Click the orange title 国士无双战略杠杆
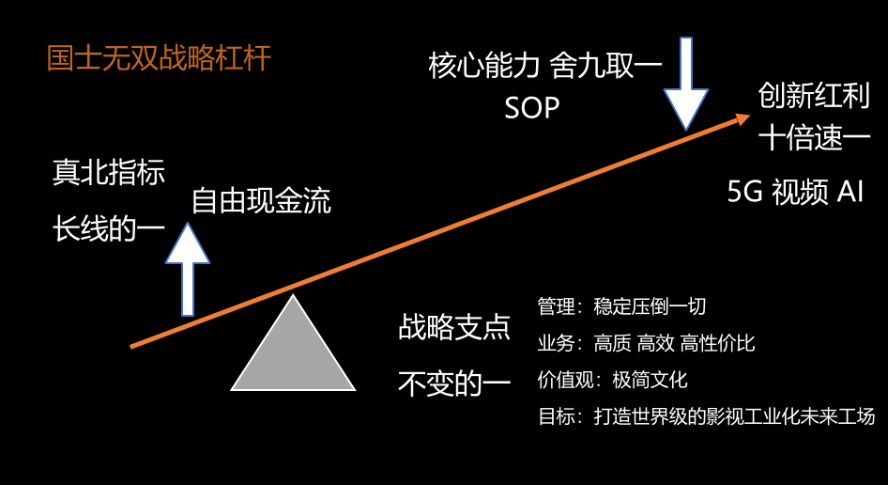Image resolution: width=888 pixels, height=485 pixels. pos(159,58)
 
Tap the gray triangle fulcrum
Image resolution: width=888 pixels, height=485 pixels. pos(293,352)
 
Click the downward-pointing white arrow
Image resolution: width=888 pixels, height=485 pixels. pos(686,84)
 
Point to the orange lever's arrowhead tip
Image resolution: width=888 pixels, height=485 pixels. pos(750,116)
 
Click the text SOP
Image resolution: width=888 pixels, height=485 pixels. pos(532,107)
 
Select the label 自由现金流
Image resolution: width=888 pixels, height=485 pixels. pos(261,201)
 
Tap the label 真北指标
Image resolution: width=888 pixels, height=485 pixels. pos(109,172)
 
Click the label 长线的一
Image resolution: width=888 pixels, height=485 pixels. pos(109,229)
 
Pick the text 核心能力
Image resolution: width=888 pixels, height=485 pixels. pos(483,65)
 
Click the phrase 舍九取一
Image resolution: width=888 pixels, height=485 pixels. pos(606,65)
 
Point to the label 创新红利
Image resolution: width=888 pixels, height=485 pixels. pos(814,95)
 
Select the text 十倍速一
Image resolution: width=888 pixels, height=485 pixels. pos(814,138)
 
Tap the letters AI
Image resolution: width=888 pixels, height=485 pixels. pos(850,192)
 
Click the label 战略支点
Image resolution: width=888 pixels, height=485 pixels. pos(454,327)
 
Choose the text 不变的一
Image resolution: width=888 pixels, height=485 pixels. pos(454,383)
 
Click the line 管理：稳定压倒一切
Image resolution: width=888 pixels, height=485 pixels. pos(621,306)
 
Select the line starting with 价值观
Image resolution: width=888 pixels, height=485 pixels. pos(613,380)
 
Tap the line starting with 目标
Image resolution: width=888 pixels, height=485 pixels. pos(706,416)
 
